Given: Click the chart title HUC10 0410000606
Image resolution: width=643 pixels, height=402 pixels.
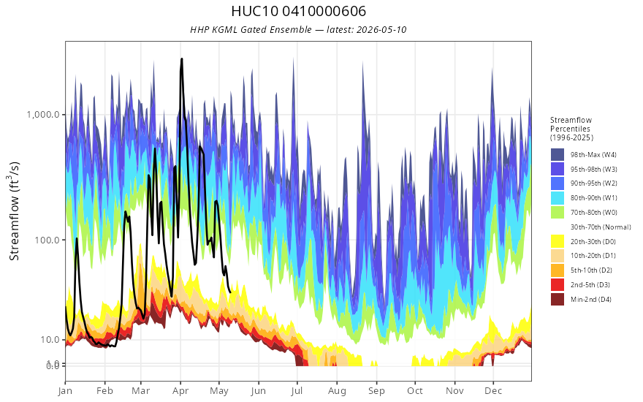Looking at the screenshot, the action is tap(298, 11).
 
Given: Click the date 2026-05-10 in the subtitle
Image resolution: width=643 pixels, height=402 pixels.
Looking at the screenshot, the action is tap(381, 29).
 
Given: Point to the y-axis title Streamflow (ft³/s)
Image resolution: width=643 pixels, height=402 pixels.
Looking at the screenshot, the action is tap(14, 211).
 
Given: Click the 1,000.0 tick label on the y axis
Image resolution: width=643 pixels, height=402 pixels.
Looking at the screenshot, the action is tap(43, 115).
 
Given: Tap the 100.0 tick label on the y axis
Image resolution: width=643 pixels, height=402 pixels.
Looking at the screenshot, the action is tap(47, 240).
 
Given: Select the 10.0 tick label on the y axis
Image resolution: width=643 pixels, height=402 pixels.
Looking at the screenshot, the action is tap(49, 340).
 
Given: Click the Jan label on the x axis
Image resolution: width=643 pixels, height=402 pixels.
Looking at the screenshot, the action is tap(65, 391).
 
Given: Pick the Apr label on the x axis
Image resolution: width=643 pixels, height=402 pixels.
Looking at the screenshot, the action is tap(180, 391).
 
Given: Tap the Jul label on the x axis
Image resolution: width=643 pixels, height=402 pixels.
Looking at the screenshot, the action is tap(297, 391).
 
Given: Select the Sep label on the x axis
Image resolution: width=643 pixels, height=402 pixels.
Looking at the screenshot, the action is tap(376, 391).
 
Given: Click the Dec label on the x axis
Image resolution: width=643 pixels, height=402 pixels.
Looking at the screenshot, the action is tap(493, 391).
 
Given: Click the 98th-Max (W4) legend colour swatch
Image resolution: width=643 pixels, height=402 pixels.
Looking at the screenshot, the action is tap(558, 155).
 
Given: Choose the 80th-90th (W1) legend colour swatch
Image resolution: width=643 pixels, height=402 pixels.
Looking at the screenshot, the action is tap(558, 198).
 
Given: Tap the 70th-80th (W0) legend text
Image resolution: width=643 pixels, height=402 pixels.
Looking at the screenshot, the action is tap(594, 213).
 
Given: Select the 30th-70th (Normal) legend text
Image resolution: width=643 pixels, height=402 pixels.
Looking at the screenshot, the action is tap(601, 227).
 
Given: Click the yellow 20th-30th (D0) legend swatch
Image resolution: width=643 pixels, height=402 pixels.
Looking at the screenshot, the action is tap(558, 241).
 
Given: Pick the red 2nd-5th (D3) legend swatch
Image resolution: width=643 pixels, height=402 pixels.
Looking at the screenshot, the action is tap(558, 284).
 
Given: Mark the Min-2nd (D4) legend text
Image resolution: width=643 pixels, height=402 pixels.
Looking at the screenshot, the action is tap(591, 300).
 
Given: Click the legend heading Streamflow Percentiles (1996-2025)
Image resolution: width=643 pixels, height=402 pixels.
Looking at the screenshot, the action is tap(571, 129).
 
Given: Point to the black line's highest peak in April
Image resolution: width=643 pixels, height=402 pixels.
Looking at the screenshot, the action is tap(182, 59).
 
